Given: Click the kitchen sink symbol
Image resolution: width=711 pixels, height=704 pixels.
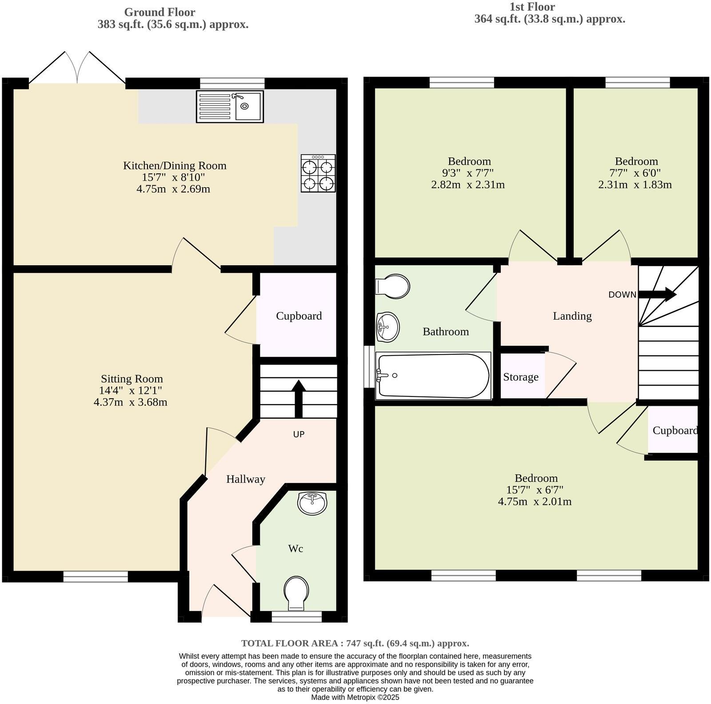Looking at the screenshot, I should [230, 106].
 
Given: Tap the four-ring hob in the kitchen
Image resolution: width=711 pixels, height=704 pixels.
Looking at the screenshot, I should [318, 173].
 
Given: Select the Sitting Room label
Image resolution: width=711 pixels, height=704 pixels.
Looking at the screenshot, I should [132, 379].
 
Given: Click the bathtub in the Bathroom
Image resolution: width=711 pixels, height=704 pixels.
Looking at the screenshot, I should [432, 376].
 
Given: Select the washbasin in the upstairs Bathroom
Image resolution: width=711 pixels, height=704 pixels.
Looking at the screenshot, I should [387, 327].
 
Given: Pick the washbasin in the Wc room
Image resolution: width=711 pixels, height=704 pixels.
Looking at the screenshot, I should [312, 503].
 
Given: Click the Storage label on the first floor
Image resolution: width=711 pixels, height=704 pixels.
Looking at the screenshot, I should [520, 377].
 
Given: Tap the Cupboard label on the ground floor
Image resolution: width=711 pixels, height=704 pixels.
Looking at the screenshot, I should [299, 316].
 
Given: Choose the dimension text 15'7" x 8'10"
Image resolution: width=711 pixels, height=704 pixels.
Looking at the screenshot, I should [173, 177].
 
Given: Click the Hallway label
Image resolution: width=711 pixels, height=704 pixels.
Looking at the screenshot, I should [245, 479].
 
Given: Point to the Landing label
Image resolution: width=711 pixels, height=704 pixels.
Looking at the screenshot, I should [572, 316].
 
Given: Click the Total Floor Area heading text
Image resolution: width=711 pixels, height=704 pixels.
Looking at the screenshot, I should [355, 643].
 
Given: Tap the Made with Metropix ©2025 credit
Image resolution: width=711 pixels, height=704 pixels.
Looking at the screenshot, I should [355, 697].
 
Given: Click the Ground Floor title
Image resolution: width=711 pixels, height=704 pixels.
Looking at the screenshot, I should [159, 12].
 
